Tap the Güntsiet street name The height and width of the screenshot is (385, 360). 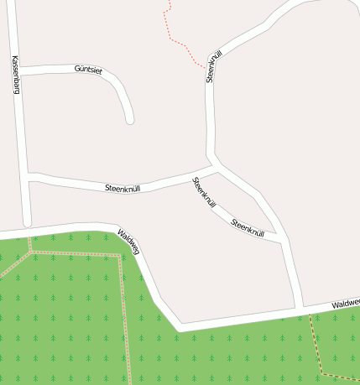88,70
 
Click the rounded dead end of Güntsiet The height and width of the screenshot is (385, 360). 129,120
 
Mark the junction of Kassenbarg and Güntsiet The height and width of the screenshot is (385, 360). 18,73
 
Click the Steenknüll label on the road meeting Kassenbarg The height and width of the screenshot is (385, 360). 123,188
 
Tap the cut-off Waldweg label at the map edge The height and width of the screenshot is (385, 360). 345,304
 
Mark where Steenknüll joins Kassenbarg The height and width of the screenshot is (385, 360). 29,176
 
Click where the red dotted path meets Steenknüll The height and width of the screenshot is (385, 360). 206,65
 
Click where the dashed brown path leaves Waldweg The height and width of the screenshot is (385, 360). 310,314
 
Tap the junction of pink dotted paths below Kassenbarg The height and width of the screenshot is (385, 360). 31,251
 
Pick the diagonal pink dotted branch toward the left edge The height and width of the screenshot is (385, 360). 13,267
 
